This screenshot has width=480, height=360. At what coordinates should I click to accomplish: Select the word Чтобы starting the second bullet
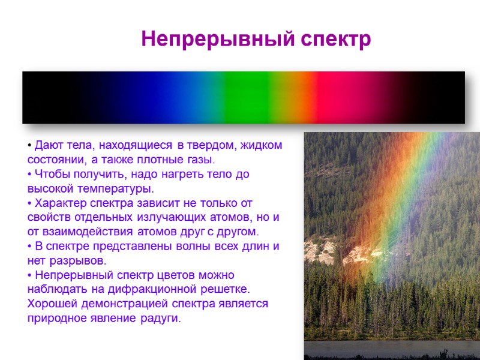coord(51,175)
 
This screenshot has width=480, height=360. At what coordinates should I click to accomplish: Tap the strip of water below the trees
coord(390,349)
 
